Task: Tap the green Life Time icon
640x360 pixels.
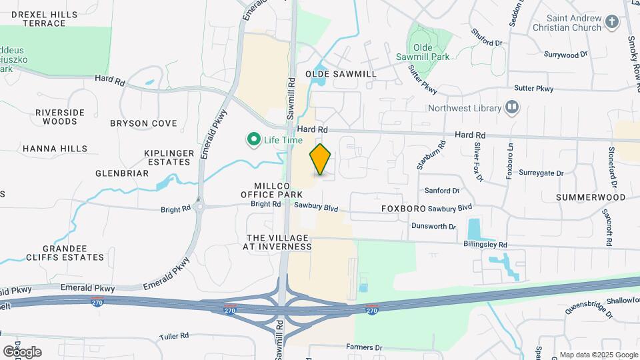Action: (253, 140)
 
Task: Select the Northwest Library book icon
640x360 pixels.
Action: (512, 107)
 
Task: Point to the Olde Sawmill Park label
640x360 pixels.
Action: (432, 53)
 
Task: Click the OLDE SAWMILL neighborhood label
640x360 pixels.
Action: (341, 74)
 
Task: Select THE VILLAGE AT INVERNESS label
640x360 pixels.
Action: (279, 242)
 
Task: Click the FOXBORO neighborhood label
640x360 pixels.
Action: (403, 209)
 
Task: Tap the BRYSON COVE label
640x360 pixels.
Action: (143, 123)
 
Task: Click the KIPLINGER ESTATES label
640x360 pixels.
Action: (169, 157)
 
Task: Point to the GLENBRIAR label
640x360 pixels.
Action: (122, 173)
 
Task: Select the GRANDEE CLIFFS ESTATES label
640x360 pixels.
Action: (65, 253)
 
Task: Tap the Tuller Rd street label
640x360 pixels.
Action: (175, 336)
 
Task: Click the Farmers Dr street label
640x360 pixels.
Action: (364, 347)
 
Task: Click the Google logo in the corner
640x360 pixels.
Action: (22, 351)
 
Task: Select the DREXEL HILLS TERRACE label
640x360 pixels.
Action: (43, 19)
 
